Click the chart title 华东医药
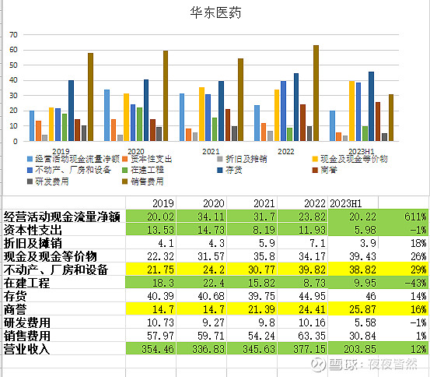pos(215,13)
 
